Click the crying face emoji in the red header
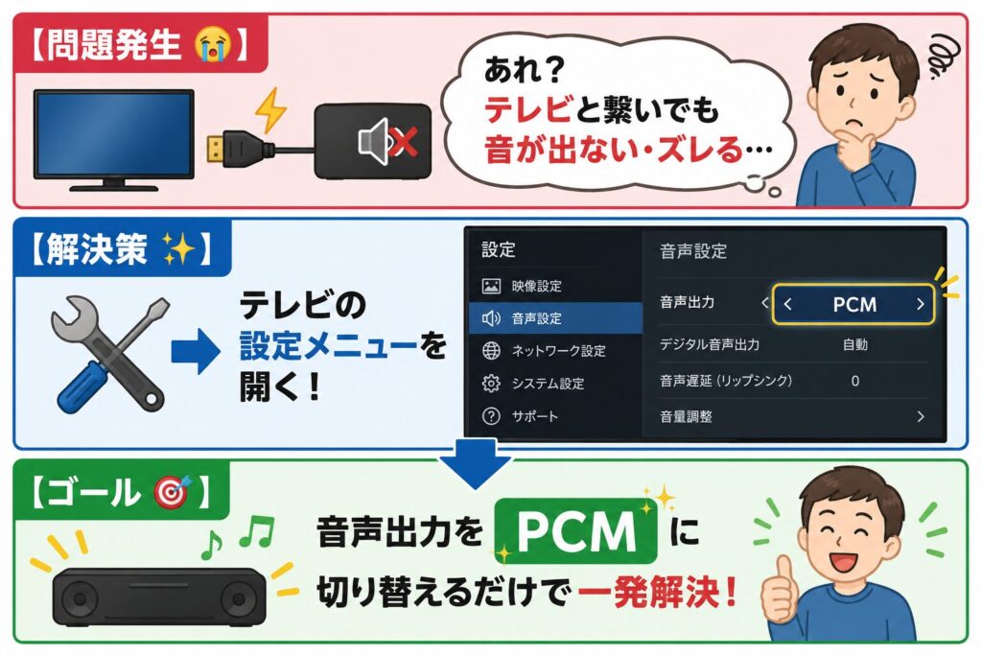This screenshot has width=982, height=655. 213,44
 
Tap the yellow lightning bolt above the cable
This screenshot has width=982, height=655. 269,109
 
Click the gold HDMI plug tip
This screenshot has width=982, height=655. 216,149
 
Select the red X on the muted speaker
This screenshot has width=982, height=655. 403,140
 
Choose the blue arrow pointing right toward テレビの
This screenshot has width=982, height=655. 196,351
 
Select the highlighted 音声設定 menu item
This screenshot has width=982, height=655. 555,318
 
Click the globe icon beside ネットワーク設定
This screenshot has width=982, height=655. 491,351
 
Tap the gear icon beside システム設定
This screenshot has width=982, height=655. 491,384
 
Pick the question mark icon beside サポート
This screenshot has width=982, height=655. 491,416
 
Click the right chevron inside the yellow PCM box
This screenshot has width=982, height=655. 920,304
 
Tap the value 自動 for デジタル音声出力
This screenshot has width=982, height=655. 854,344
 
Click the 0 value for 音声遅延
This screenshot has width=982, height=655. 854,381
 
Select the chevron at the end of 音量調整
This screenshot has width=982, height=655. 920,416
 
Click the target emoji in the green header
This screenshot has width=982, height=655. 171,492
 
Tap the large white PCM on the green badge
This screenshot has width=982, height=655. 576,531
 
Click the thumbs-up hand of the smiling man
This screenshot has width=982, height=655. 781,589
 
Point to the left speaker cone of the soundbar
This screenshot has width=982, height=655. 80,599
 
